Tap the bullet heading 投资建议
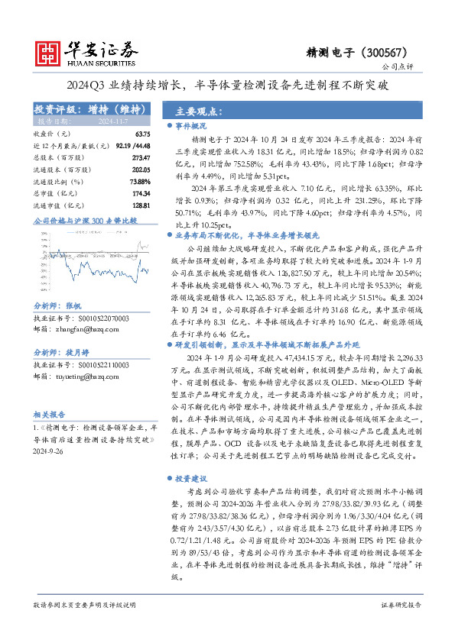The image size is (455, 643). pyautogui.click(x=190, y=478)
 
